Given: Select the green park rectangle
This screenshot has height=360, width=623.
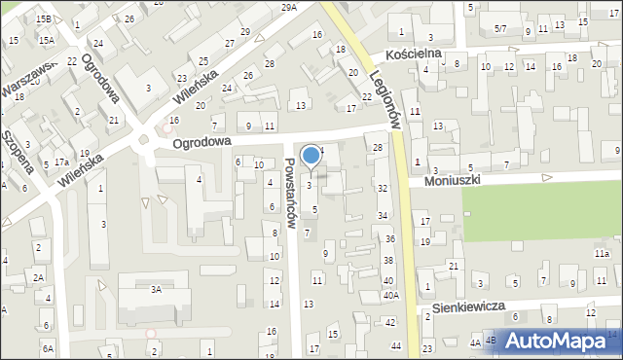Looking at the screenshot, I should [540, 213].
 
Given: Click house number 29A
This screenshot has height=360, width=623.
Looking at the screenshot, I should [289, 7].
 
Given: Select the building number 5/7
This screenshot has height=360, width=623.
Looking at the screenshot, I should [499, 30].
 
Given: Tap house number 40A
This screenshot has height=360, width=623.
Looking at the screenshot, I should [390, 295].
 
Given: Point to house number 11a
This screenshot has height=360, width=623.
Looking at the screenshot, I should [602, 254].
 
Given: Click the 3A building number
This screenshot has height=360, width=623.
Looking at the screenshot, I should [155, 289].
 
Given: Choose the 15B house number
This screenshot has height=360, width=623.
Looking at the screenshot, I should [43, 18].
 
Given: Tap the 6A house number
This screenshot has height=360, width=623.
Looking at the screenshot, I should [48, 347].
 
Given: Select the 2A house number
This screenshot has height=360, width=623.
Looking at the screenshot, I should [39, 277].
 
